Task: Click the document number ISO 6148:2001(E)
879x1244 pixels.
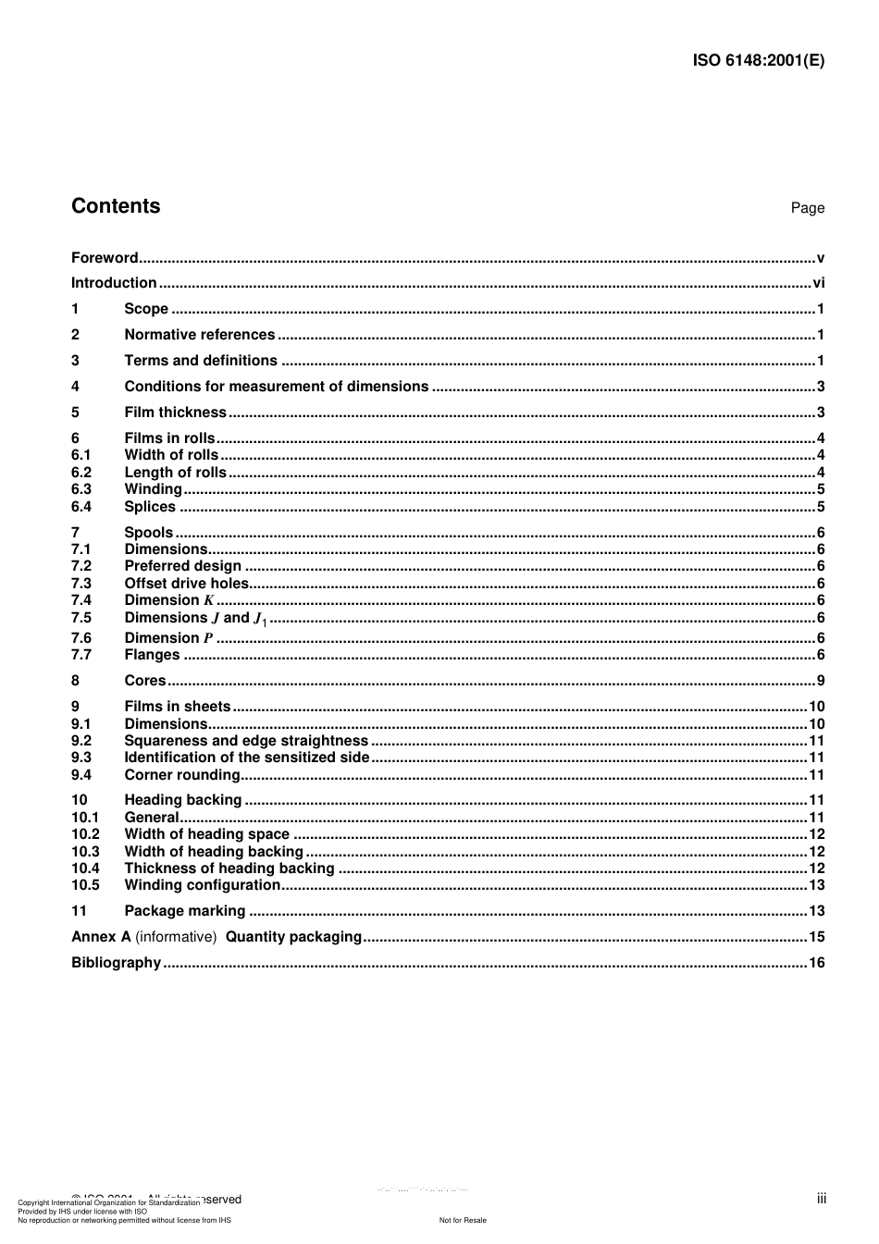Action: (758, 61)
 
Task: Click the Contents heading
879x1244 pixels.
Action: (116, 206)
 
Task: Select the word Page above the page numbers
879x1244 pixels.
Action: (807, 208)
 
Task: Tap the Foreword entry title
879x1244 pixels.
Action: (105, 258)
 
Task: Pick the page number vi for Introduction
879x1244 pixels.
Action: (818, 283)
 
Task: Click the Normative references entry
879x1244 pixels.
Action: (199, 335)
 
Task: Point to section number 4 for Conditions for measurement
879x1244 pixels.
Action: (75, 387)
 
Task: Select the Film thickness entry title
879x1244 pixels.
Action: (175, 413)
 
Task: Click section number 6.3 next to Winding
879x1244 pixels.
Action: (81, 489)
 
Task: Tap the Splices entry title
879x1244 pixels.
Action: (150, 507)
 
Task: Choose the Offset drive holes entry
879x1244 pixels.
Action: (187, 584)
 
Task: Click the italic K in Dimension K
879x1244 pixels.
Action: (208, 600)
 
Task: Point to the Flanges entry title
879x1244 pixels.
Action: (152, 655)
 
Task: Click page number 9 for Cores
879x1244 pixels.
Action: (820, 681)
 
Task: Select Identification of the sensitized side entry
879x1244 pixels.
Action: (246, 757)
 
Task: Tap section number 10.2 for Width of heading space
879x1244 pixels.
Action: (85, 834)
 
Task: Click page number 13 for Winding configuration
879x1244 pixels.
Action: (816, 885)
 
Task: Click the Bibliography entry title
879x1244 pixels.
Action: (116, 963)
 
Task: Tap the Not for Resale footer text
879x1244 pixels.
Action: (463, 1220)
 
